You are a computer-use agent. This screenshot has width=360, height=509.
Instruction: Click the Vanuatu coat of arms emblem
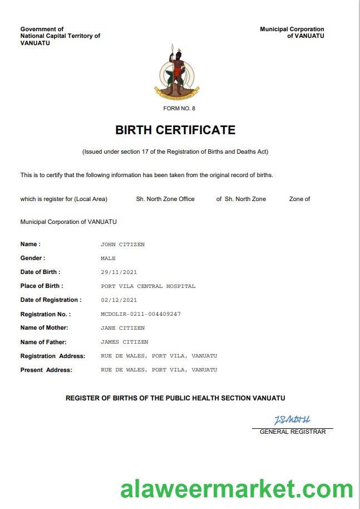tap(176, 72)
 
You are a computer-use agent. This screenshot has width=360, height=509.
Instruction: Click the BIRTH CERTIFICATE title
tap(175, 130)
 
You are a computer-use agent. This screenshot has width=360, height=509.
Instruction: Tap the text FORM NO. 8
tap(179, 108)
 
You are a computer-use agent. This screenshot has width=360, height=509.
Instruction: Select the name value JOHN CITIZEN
tap(122, 244)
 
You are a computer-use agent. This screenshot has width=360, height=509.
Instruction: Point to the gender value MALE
tap(108, 258)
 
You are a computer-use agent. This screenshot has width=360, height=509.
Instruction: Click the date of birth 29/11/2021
tap(119, 272)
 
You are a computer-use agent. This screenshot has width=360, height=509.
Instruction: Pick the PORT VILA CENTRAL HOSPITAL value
tap(148, 286)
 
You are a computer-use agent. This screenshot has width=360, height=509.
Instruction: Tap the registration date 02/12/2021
tap(119, 300)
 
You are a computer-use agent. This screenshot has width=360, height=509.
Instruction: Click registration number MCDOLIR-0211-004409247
tap(141, 314)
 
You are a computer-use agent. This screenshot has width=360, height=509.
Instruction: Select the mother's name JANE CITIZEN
tap(122, 328)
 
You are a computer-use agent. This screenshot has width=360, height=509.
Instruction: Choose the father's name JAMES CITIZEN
tap(124, 342)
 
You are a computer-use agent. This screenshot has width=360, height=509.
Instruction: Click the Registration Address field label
tap(53, 356)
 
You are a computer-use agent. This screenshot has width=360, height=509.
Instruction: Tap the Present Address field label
tap(46, 370)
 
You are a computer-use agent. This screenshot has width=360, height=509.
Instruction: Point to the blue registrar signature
tap(292, 420)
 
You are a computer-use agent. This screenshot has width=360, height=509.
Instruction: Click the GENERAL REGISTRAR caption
tap(293, 432)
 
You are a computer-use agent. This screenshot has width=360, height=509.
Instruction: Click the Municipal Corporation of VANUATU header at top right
tap(292, 32)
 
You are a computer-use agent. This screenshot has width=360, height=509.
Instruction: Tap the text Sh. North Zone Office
tap(165, 199)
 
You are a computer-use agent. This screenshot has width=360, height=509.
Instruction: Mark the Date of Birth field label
tap(40, 272)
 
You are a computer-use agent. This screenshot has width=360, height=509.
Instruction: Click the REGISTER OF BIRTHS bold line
tap(175, 398)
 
